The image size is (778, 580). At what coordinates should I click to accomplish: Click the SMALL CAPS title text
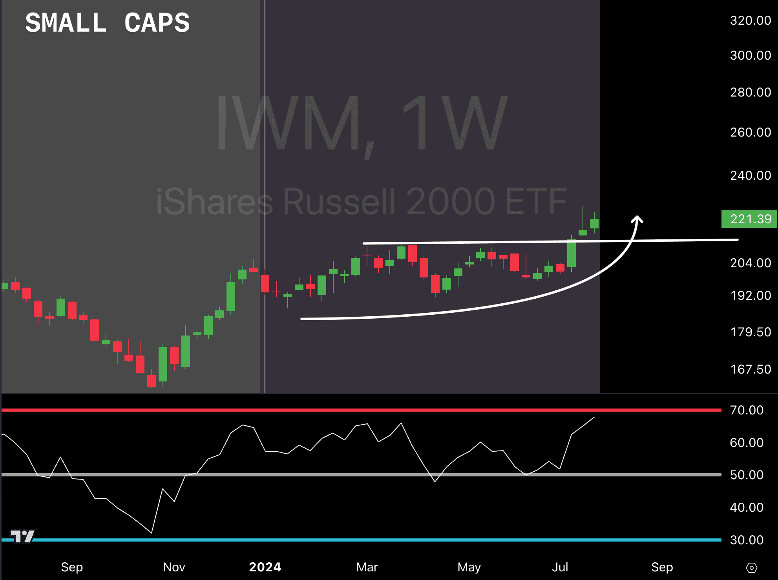(108, 23)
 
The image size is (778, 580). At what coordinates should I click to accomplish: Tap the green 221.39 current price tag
(749, 219)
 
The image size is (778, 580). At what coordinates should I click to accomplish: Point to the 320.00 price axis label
(751, 20)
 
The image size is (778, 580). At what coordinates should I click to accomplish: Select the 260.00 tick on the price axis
(751, 132)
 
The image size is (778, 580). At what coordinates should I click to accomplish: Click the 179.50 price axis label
(751, 332)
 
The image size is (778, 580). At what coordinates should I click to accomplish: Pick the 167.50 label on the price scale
(751, 369)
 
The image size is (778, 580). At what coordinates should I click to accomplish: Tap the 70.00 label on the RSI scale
(747, 410)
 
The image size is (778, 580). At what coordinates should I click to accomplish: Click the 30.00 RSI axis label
(747, 540)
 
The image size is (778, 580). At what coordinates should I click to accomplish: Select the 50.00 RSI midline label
(747, 475)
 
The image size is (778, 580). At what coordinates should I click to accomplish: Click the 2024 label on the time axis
(265, 567)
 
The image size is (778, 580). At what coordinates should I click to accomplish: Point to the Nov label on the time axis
(174, 567)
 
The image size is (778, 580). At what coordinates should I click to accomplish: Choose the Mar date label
(367, 567)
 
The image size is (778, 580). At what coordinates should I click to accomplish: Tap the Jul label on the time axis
(560, 567)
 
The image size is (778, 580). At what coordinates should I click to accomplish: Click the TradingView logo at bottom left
(22, 536)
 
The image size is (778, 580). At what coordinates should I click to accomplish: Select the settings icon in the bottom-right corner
(751, 568)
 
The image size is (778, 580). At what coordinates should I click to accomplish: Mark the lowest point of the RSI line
(152, 533)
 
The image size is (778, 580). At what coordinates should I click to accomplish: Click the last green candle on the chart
(594, 223)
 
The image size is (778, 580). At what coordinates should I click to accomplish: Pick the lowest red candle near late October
(152, 380)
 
